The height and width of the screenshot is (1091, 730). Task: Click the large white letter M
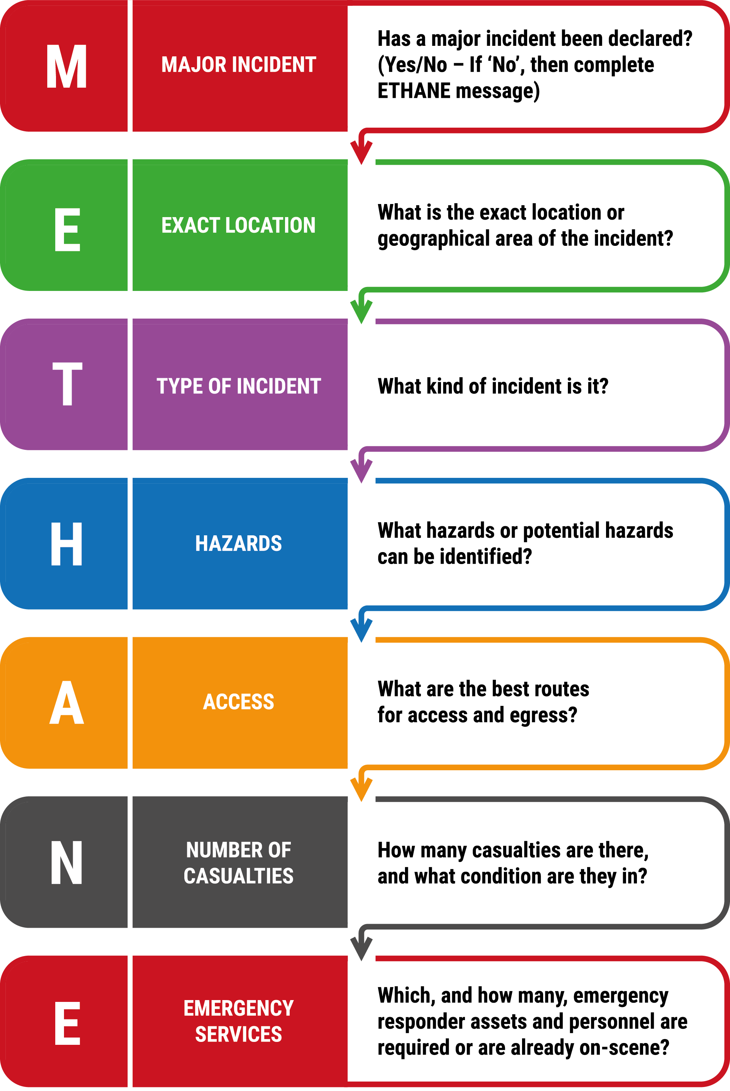click(67, 66)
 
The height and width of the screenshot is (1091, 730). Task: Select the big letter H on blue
click(67, 543)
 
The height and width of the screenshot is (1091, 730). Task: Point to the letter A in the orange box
click(67, 702)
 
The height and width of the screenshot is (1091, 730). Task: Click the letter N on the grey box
click(67, 862)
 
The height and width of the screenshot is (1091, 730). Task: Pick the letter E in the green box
click(68, 229)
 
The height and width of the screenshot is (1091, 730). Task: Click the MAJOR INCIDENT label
click(239, 64)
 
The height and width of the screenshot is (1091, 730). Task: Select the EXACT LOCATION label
click(238, 225)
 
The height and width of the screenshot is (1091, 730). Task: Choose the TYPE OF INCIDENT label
click(239, 386)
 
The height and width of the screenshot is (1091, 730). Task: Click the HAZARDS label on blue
click(238, 543)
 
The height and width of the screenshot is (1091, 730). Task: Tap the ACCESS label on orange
click(238, 702)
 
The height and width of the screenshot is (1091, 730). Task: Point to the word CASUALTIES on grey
click(238, 876)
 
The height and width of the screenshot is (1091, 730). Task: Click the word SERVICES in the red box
click(238, 1034)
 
